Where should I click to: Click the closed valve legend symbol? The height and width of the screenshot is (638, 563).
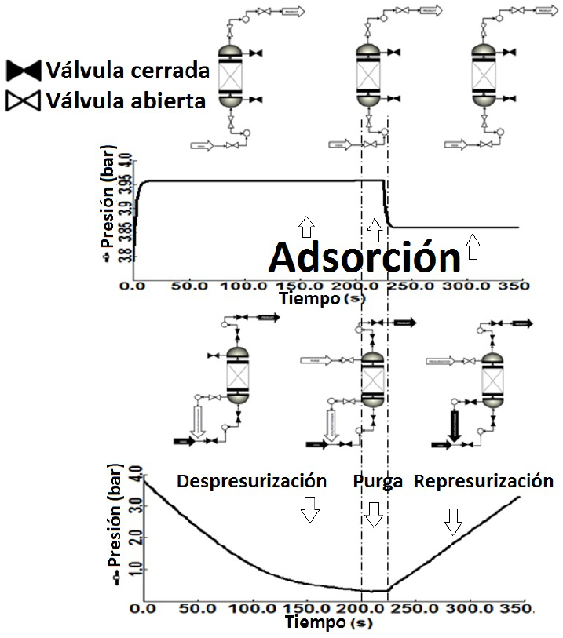pyautogui.click(x=24, y=71)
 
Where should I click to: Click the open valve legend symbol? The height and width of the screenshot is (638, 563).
pyautogui.click(x=24, y=100)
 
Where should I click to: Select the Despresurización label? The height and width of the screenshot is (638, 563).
pyautogui.click(x=251, y=480)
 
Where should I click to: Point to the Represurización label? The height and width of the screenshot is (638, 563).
pyautogui.click(x=484, y=480)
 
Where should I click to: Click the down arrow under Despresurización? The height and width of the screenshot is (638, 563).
pyautogui.click(x=310, y=511)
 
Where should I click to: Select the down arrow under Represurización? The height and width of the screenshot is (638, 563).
pyautogui.click(x=452, y=519)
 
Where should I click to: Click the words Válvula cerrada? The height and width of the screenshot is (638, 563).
pyautogui.click(x=127, y=71)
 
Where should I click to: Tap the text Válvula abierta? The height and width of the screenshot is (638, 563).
pyautogui.click(x=126, y=100)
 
